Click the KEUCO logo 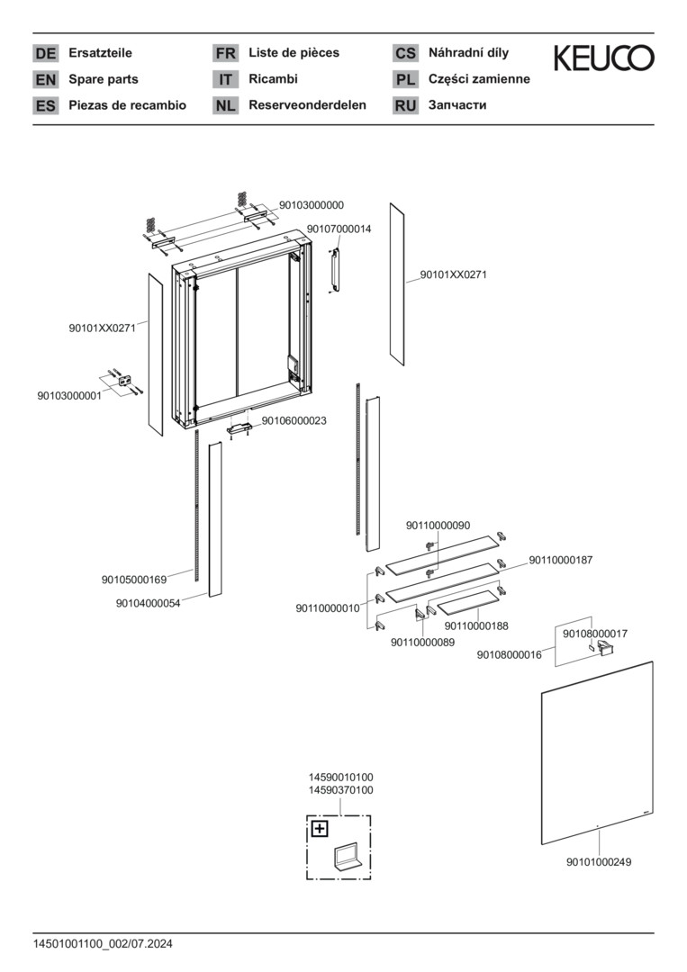(x=603, y=58)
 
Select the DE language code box (x=45, y=53)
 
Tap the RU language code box (x=405, y=105)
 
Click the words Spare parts (x=104, y=79)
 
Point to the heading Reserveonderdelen (x=307, y=104)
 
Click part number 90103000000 (x=312, y=205)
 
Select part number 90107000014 (x=339, y=229)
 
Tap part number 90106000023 (x=294, y=420)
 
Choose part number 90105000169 (x=134, y=580)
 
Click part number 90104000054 (x=148, y=604)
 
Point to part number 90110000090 (x=438, y=526)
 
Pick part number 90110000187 (x=561, y=560)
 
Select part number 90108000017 (x=595, y=634)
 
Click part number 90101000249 (x=599, y=862)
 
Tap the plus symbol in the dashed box (x=320, y=829)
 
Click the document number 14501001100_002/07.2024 (x=103, y=944)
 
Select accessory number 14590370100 (x=341, y=790)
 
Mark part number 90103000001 (x=69, y=396)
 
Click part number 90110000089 (x=423, y=642)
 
